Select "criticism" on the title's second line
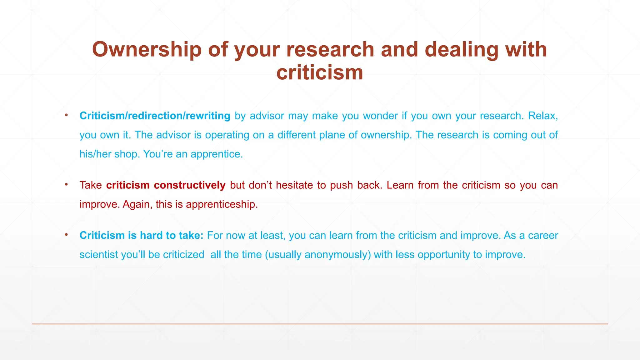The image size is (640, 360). click(320, 73)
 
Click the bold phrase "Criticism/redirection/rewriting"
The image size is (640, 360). click(155, 116)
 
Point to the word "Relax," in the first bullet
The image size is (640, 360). click(543, 116)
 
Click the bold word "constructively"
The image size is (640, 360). click(189, 185)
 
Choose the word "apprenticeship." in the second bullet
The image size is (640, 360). click(222, 204)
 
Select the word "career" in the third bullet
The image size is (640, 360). click(543, 235)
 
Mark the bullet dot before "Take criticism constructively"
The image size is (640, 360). click(66, 184)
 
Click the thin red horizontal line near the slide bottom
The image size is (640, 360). click(320, 324)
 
